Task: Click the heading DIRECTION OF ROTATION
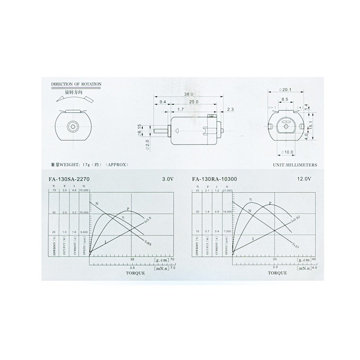click(76, 84)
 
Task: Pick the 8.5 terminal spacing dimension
click(285, 100)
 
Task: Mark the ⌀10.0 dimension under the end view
click(287, 153)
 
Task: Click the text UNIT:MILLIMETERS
click(295, 164)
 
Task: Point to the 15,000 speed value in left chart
click(84, 191)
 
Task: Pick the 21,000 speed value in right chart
click(228, 191)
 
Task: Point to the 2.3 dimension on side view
click(230, 110)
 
